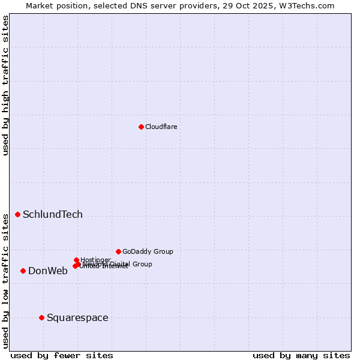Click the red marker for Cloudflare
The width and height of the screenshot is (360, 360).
coord(141,127)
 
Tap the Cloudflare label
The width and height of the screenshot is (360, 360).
coord(161,127)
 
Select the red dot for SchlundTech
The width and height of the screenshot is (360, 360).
coord(17,214)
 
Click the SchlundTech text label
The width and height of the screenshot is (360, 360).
coord(53,215)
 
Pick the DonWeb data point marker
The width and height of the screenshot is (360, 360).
coord(23,271)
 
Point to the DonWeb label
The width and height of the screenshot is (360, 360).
coord(48,271)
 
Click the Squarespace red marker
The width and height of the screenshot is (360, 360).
coord(41,317)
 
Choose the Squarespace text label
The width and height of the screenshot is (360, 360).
coord(77,317)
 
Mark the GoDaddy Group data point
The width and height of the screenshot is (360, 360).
coord(118,251)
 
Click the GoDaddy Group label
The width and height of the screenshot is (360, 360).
coord(148,251)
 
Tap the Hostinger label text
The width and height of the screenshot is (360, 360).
coord(95,260)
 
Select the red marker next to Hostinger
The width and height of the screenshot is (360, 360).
coord(76,260)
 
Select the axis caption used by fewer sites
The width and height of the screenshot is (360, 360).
coord(62,355)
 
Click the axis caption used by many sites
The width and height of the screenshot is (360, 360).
coord(301,355)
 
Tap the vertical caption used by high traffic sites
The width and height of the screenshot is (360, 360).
coord(5,85)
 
